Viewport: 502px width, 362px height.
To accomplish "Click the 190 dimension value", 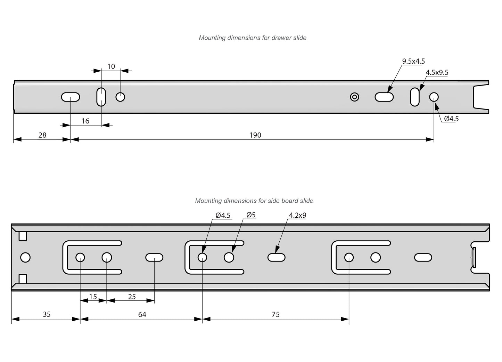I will (255, 135).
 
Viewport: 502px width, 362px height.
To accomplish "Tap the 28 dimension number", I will (42, 135).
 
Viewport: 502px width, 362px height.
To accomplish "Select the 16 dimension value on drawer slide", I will (85, 121).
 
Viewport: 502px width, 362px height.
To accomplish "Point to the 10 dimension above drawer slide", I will (111, 66).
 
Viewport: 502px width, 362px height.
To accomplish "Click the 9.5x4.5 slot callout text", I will (413, 61).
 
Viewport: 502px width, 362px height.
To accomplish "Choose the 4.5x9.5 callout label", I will (437, 72).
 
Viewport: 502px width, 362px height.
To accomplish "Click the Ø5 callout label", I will (251, 215).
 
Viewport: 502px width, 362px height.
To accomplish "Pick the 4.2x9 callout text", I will (297, 215).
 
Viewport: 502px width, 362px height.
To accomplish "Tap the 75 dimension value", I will (275, 314).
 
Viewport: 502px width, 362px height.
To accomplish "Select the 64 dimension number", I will (142, 314).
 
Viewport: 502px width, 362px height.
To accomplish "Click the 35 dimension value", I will (47, 314).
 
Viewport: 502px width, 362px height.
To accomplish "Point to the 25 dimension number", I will (132, 297).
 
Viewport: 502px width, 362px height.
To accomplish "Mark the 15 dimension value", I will (93, 297).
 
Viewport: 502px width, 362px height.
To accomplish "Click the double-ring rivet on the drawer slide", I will (354, 97).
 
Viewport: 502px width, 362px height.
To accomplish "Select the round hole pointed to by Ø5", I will (229, 257).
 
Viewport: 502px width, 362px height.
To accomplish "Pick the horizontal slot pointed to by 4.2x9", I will (277, 257).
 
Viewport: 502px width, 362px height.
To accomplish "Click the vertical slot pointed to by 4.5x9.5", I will (415, 97).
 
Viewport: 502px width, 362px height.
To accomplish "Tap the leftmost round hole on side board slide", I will (25, 257).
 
